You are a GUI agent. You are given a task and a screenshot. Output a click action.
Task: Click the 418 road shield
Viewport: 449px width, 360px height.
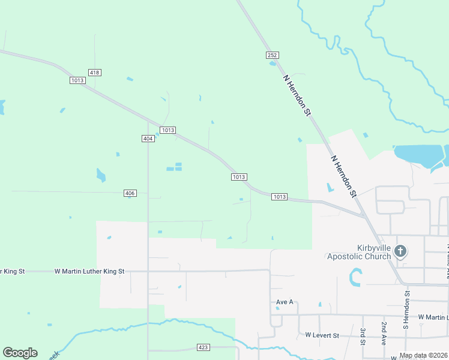click(x=94, y=73)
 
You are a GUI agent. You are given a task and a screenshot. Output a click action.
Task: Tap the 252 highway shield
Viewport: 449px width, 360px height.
click(x=273, y=55)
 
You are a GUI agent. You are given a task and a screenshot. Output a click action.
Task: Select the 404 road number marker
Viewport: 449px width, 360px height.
click(x=148, y=139)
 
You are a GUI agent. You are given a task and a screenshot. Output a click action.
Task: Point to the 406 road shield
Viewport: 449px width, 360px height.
click(x=130, y=193)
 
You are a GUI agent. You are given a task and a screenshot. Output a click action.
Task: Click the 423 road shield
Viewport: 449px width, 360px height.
click(x=203, y=347)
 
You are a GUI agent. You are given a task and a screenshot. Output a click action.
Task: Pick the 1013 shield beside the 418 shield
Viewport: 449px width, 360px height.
click(x=77, y=80)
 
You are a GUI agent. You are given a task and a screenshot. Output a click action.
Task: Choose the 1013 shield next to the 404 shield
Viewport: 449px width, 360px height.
click(x=167, y=130)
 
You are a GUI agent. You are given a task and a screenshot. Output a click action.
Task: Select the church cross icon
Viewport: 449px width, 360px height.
click(x=400, y=251)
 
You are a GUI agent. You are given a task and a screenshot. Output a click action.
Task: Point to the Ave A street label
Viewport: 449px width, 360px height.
click(x=285, y=302)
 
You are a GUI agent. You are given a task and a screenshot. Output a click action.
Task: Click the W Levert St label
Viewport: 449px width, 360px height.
click(x=322, y=335)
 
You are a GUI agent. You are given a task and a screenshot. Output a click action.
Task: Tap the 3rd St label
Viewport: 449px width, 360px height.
click(x=363, y=336)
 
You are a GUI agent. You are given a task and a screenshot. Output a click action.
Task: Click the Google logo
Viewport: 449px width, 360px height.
click(x=20, y=353)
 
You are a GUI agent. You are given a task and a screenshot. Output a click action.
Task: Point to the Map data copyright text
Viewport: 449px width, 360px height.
click(x=423, y=355)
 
